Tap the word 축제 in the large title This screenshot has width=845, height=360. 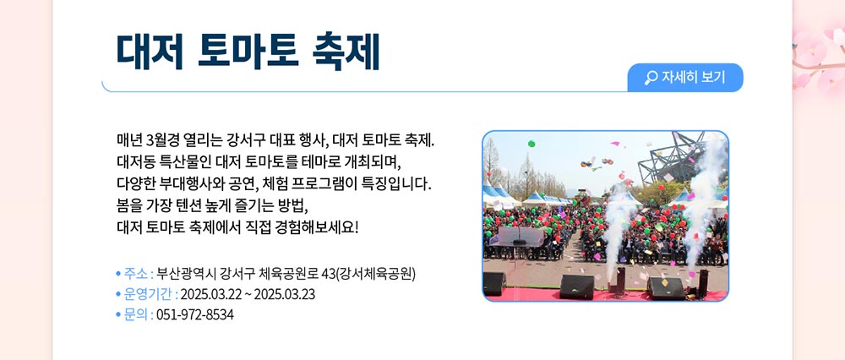click(x=346, y=52)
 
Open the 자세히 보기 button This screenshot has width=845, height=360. click(x=685, y=78)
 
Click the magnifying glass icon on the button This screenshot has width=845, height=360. click(x=651, y=78)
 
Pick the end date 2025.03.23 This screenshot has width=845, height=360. click(x=285, y=295)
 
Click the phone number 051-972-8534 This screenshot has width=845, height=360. click(x=195, y=315)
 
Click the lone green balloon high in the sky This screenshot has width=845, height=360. click(x=532, y=144)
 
